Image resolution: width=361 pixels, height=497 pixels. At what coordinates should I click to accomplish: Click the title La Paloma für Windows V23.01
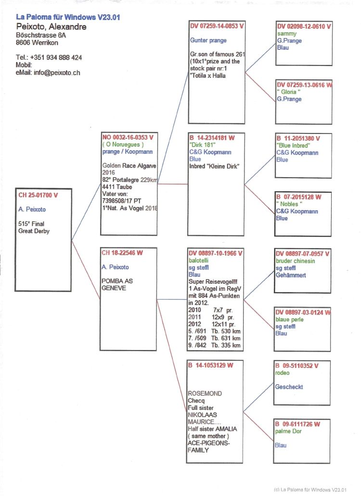68,17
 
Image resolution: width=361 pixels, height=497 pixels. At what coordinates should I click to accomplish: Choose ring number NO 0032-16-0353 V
128,137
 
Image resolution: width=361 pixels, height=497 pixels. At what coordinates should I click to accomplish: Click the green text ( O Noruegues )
123,144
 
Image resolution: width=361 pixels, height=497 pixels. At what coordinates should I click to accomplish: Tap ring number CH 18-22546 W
122,252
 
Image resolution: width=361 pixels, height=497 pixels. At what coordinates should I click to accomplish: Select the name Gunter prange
208,40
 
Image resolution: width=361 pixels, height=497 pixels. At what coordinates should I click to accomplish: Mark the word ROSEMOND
205,393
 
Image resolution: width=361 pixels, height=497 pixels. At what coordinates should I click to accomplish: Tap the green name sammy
287,34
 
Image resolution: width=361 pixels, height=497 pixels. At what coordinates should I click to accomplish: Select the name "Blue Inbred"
293,145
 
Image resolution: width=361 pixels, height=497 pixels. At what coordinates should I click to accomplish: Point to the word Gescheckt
289,387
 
